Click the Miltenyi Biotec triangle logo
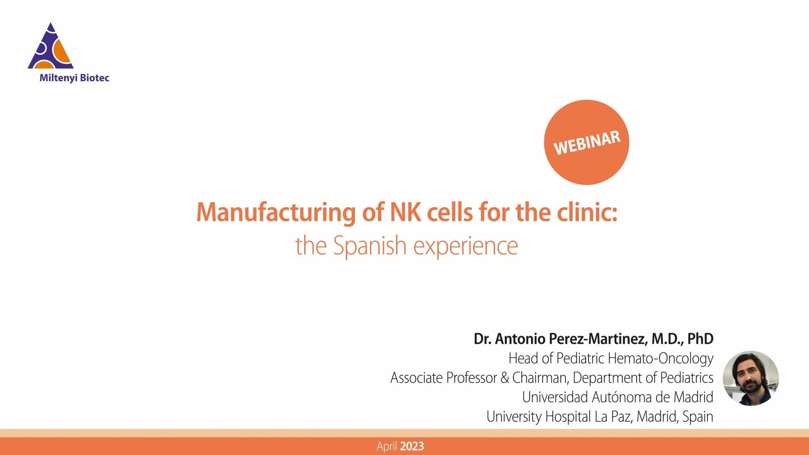click(51, 47)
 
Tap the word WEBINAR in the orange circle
click(587, 143)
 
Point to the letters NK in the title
click(405, 212)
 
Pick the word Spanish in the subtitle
click(370, 246)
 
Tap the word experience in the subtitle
click(465, 246)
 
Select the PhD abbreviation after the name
click(700, 339)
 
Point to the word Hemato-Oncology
click(661, 359)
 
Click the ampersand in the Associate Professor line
click(505, 378)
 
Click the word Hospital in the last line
click(568, 417)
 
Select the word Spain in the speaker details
click(698, 417)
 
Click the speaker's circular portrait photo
click(750, 378)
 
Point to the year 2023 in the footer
click(412, 446)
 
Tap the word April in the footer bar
click(387, 447)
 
